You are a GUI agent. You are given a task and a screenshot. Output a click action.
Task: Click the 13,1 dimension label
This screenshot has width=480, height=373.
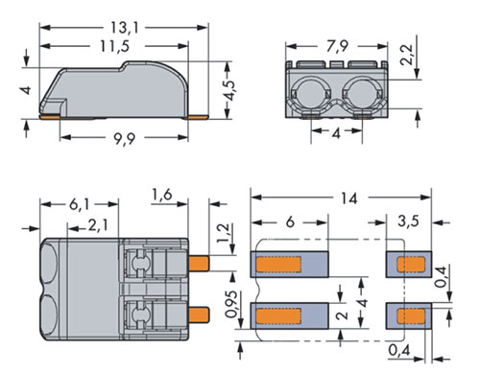click(x=125, y=28)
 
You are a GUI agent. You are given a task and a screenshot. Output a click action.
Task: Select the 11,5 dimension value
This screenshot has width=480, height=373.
click(x=115, y=46)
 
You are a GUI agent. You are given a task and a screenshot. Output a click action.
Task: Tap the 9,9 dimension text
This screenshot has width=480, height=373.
click(x=125, y=138)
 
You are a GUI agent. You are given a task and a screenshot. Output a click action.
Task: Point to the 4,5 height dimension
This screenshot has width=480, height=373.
click(x=230, y=91)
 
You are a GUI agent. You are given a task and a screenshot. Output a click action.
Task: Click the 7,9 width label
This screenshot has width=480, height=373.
click(x=337, y=46)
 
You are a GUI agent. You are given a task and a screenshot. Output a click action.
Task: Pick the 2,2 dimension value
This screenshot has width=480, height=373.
click(x=407, y=55)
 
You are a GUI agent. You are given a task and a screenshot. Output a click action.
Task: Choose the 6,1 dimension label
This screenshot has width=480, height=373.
click(x=80, y=204)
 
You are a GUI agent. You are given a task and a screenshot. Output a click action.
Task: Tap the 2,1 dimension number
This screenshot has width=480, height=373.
click(x=98, y=225)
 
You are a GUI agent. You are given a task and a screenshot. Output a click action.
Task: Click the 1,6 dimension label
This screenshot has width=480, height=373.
click(x=162, y=195)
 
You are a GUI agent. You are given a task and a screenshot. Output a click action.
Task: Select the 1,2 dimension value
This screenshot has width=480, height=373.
click(x=224, y=233)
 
